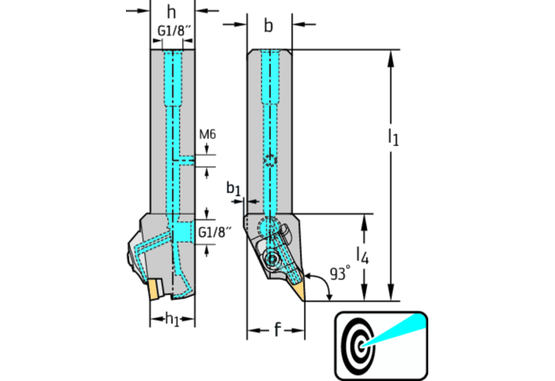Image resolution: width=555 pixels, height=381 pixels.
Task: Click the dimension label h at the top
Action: (171, 12)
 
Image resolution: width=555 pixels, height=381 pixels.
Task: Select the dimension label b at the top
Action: (268, 25)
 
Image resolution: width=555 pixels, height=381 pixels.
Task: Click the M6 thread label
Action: (207, 134)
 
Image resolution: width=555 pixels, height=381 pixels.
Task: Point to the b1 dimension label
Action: (234, 189)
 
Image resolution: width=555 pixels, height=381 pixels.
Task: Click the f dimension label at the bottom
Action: (276, 330)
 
